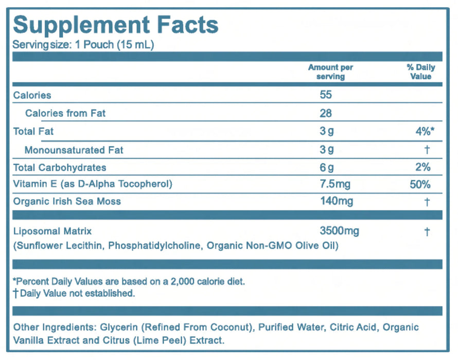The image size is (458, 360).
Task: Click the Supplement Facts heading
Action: [116, 25]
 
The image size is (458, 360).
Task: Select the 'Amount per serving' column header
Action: [330, 72]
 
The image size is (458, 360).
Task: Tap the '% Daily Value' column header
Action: [420, 72]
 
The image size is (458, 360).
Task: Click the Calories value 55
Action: [326, 95]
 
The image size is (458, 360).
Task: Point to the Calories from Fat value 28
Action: [326, 113]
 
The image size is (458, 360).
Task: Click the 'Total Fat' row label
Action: [33, 132]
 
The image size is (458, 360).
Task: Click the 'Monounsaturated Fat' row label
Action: [74, 150]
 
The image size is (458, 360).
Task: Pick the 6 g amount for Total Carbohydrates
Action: [327, 167]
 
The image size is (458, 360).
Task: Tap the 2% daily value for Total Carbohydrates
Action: [422, 167]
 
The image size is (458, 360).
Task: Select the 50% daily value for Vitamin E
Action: [420, 184]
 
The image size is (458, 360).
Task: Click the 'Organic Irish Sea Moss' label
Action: [67, 201]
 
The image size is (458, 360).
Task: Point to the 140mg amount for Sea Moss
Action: [337, 201]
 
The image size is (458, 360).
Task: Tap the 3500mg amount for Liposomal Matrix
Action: [340, 231]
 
